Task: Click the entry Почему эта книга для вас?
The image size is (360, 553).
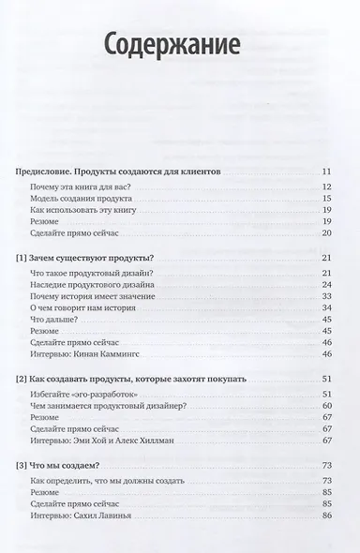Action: [x=80, y=188]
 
